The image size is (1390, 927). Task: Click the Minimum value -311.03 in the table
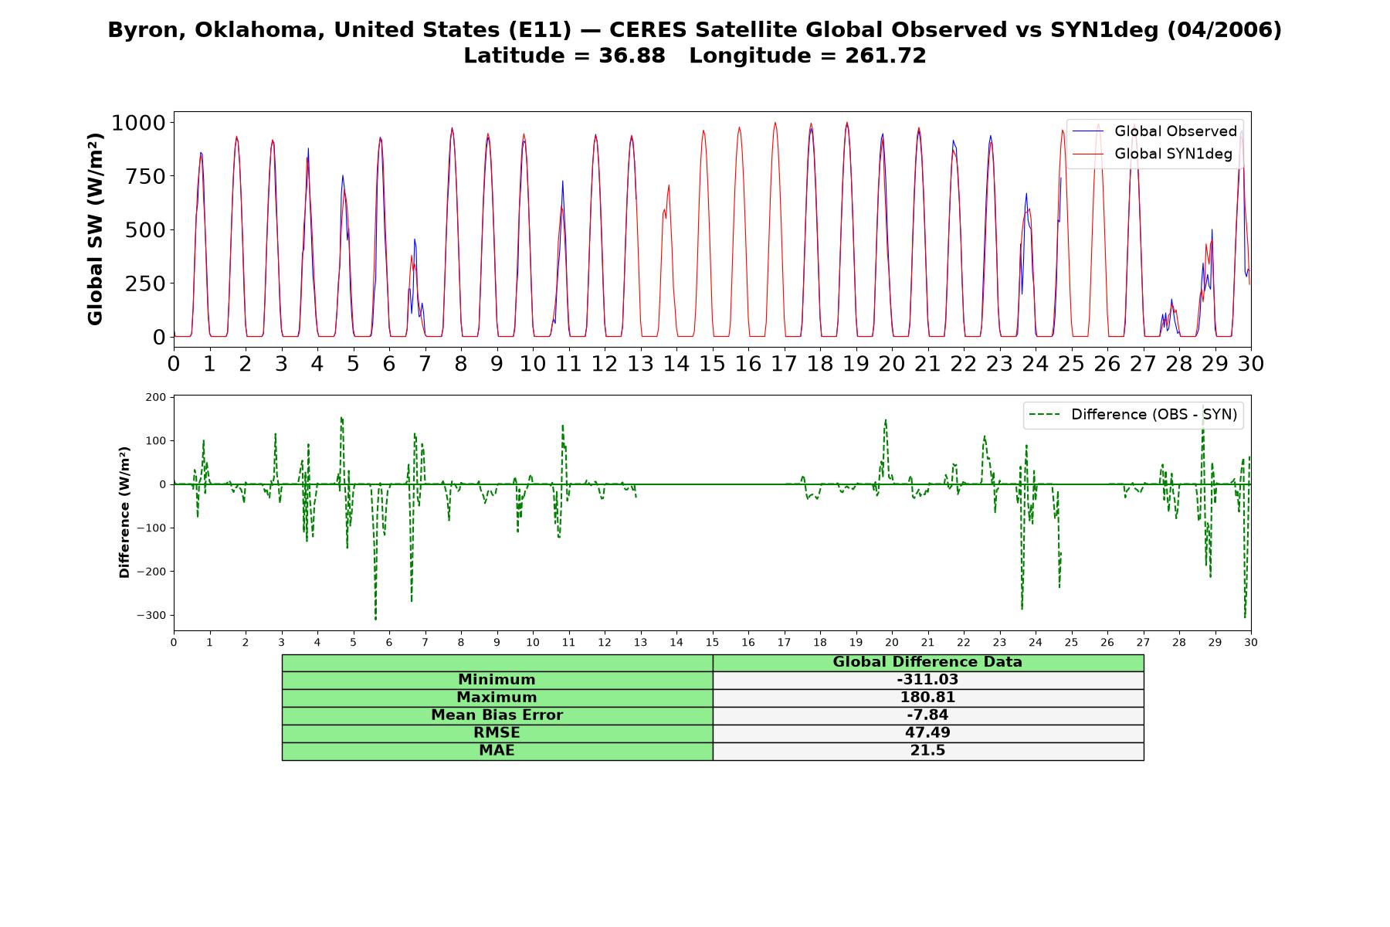point(927,680)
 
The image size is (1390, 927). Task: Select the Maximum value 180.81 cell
point(927,698)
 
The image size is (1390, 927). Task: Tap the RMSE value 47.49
point(927,733)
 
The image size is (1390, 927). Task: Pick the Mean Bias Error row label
point(497,715)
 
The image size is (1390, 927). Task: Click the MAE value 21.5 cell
point(927,751)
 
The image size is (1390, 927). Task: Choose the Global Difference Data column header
point(927,662)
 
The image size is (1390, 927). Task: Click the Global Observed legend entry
point(1154,131)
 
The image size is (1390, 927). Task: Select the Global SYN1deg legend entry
point(1152,154)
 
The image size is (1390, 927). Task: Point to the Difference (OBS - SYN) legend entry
point(1134,415)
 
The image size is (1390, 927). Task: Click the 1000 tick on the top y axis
point(139,123)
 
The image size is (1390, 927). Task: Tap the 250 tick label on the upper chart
point(146,284)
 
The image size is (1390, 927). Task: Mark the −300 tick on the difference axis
point(151,616)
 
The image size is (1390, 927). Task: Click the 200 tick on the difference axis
point(156,397)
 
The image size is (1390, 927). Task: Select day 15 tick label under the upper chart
point(712,364)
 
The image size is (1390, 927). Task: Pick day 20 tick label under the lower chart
point(892,642)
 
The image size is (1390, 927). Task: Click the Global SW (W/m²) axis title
point(96,229)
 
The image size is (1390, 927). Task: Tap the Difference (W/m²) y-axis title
point(124,512)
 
